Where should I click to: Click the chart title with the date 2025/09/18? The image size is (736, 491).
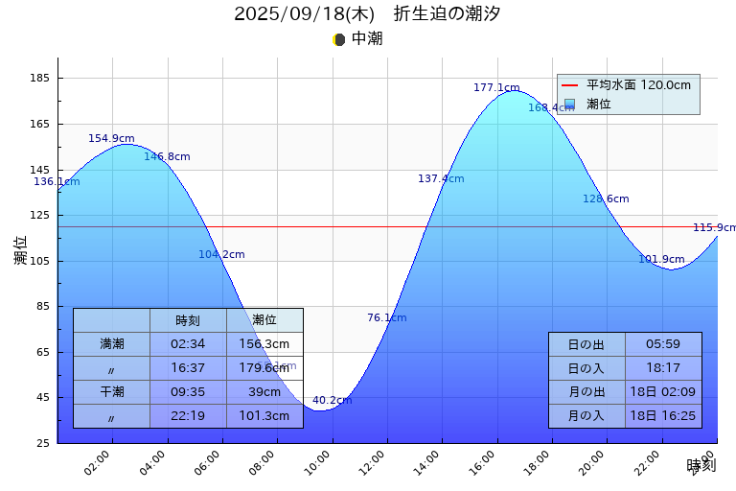pos(367,13)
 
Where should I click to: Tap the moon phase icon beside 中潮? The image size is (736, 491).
pos(338,39)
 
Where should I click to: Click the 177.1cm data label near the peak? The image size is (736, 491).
pos(496,87)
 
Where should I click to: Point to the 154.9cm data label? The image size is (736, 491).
pos(111,138)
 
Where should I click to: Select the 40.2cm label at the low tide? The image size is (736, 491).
pos(332,400)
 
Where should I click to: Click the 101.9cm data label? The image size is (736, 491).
pos(661,259)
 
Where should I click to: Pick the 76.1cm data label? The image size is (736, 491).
pos(386,317)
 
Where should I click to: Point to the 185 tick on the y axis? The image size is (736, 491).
pos(44,79)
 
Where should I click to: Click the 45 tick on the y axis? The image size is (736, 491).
pos(44,398)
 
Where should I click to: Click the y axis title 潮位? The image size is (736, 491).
pos(21,250)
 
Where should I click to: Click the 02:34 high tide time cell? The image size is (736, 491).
pos(188,343)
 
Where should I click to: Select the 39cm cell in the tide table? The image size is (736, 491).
pos(264,391)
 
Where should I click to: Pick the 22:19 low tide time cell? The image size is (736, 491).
pos(188,415)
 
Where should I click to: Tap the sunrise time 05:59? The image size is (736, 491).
pos(663,344)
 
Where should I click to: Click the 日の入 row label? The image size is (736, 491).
pos(586,368)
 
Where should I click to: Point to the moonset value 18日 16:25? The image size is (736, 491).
pos(663,415)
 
